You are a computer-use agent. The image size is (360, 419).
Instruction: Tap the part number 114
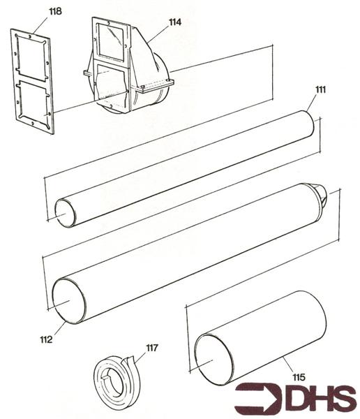[x=174, y=22]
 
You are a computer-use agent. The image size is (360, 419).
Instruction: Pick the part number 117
[x=152, y=347]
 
